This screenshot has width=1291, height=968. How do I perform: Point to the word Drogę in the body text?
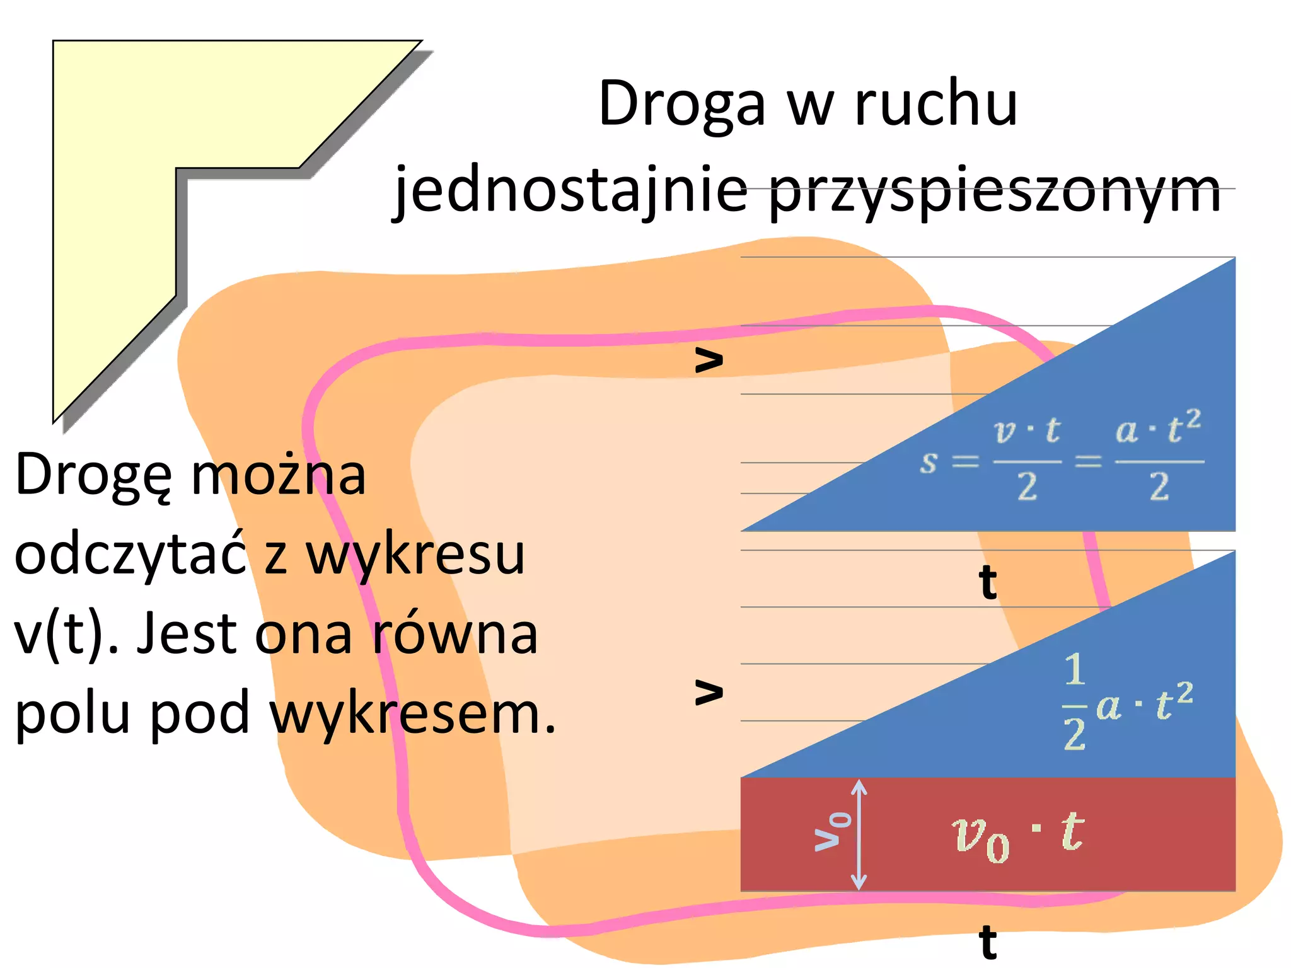(93, 476)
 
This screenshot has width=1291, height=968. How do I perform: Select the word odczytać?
(130, 555)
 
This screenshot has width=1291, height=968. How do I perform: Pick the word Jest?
(190, 634)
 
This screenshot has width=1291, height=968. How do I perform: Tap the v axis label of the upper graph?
(709, 359)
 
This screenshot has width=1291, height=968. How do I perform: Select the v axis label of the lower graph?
(709, 691)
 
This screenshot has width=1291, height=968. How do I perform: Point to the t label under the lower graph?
(988, 942)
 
